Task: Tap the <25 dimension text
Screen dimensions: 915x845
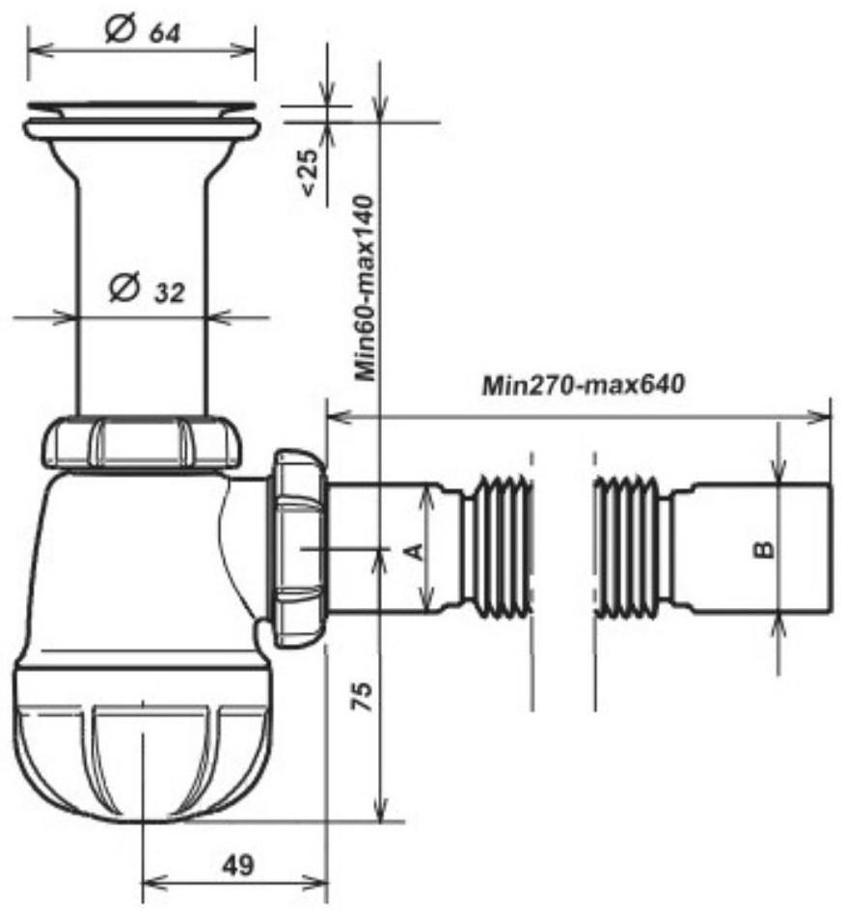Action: coord(311,172)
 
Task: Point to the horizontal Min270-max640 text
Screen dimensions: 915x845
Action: coord(584,384)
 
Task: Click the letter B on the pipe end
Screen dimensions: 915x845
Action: coord(762,550)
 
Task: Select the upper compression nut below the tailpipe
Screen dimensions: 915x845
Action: coord(142,442)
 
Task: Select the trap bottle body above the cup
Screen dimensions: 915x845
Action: coord(135,569)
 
